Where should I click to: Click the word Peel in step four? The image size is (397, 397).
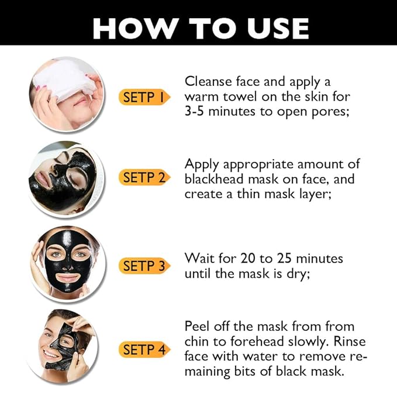click(197, 326)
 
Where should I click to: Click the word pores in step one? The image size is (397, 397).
click(329, 111)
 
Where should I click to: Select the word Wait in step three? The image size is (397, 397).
click(198, 258)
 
